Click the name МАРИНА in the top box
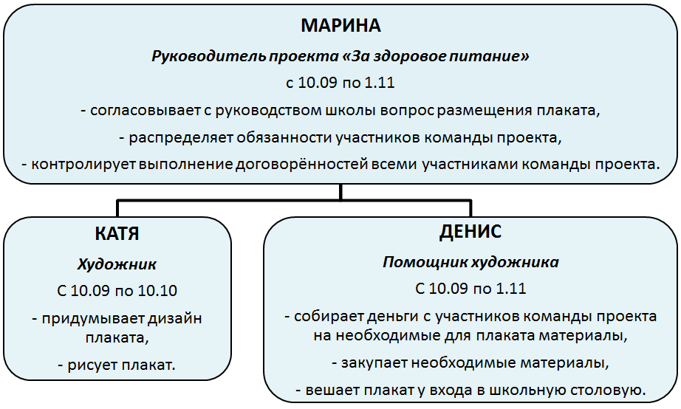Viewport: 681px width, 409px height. (340, 26)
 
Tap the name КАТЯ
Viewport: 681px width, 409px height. (117, 233)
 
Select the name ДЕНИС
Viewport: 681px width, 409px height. (470, 231)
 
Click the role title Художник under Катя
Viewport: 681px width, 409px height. (117, 264)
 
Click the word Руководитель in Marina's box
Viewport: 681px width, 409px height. (208, 56)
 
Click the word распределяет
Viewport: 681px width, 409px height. (181, 137)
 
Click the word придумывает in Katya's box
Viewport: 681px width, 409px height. (92, 319)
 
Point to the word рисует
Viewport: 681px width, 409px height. (92, 365)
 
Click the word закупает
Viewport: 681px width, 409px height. (374, 362)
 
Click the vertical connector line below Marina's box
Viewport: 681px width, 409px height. (340, 191)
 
